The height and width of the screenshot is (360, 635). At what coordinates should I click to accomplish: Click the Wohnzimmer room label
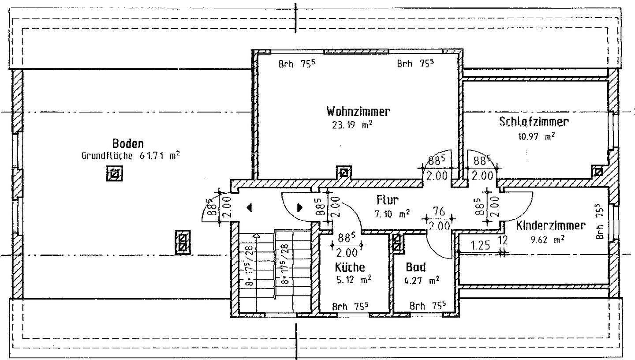(358, 111)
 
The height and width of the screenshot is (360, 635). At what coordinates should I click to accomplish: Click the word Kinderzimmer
(551, 225)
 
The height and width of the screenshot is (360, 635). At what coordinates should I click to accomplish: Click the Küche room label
(350, 267)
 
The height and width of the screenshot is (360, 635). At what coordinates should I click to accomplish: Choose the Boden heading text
(128, 143)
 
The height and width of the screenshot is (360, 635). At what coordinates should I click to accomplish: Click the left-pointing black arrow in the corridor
(249, 207)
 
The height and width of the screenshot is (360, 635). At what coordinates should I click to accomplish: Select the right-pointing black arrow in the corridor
(300, 207)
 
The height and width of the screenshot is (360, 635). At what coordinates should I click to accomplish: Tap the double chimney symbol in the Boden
(183, 242)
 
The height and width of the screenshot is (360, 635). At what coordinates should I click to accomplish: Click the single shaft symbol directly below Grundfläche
(114, 174)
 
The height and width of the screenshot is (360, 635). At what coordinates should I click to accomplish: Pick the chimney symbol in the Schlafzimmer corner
(598, 172)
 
